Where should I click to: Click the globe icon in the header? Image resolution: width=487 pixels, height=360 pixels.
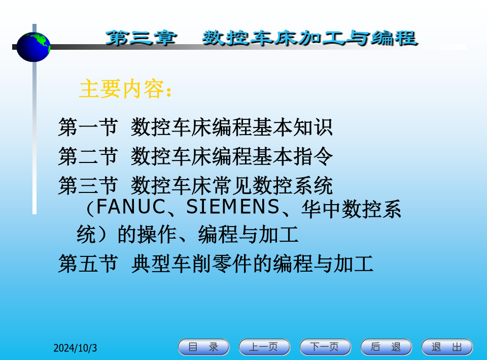tap(33, 47)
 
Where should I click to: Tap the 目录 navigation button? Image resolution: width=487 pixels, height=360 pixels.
tap(203, 347)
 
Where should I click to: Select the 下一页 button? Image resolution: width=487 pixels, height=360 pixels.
tap(325, 347)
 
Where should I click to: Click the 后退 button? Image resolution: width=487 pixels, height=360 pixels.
tap(386, 347)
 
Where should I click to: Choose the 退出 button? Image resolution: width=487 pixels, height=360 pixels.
tap(447, 347)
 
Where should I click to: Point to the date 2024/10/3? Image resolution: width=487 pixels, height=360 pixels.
tap(75, 348)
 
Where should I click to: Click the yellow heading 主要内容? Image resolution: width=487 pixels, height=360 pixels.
tap(122, 89)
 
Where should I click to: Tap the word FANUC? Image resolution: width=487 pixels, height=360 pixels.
tap(131, 207)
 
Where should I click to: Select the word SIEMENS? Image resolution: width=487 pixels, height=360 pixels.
tap(233, 207)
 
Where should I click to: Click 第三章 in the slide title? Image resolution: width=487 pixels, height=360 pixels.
tap(142, 38)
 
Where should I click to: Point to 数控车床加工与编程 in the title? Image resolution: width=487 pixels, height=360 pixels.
tap(310, 38)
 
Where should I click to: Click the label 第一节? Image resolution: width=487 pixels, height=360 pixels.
tap(88, 127)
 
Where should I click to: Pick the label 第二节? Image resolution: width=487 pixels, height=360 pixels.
tap(88, 156)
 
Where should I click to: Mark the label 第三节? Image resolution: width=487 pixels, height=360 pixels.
tap(88, 185)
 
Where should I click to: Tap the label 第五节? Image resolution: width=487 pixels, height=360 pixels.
tap(88, 264)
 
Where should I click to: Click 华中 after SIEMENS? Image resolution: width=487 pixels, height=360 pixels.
tap(321, 209)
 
